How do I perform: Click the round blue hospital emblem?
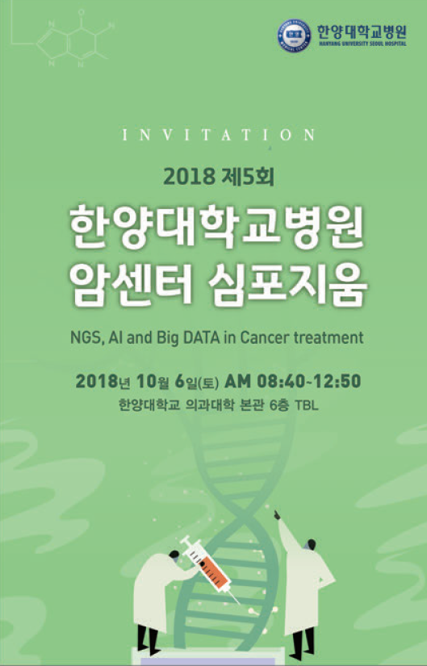(x=294, y=36)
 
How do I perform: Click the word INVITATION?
(x=219, y=135)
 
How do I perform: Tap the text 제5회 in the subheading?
(x=248, y=176)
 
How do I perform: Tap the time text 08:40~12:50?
(x=309, y=381)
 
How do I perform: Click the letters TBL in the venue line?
(x=307, y=404)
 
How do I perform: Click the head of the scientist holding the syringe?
(x=174, y=555)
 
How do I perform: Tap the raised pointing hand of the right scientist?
(x=277, y=516)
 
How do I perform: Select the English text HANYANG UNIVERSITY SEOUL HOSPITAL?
(x=362, y=44)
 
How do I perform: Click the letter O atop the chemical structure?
(x=82, y=13)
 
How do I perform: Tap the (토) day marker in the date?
(x=208, y=383)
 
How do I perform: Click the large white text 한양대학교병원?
(x=217, y=227)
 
